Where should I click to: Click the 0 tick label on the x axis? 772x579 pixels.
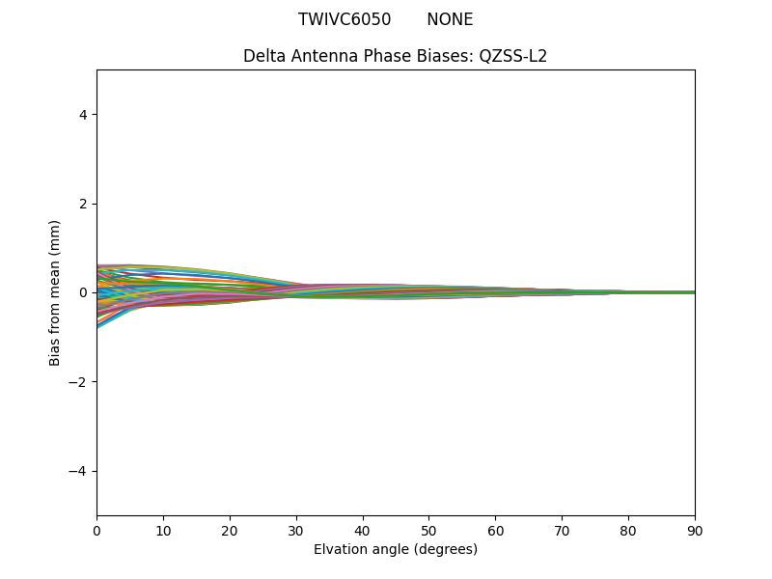click(x=96, y=530)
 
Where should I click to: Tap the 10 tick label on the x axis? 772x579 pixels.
click(x=163, y=530)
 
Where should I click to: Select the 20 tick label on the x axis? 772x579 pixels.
click(x=230, y=530)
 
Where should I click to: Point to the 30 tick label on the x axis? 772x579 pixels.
click(x=296, y=530)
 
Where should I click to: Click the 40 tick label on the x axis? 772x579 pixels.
click(x=363, y=530)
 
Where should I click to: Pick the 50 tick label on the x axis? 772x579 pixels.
click(x=428, y=530)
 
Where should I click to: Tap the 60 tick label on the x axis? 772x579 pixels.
click(x=495, y=530)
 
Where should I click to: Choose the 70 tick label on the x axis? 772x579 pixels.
click(x=562, y=530)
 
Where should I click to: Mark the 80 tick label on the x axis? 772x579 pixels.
click(x=628, y=530)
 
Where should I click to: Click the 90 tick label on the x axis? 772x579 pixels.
click(x=695, y=530)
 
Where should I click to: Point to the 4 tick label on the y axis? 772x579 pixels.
click(x=83, y=115)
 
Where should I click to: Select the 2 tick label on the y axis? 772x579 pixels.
click(x=83, y=204)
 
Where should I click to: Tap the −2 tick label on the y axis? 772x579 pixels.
click(x=79, y=382)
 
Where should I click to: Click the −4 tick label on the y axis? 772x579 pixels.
click(x=79, y=471)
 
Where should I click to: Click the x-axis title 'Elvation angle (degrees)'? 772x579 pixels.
click(x=396, y=549)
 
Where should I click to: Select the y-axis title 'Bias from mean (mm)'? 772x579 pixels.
click(x=56, y=292)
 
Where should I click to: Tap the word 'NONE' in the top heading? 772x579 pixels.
click(x=450, y=19)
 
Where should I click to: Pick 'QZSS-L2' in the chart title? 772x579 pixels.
click(x=513, y=56)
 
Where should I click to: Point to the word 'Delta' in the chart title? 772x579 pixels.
click(x=263, y=56)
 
